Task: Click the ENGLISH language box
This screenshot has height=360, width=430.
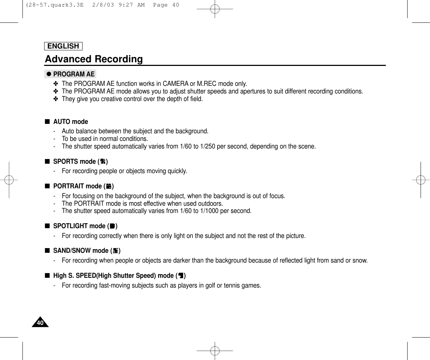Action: coord(63,46)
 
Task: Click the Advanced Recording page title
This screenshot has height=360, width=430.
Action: coord(94,59)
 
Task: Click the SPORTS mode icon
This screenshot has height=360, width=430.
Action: coord(103,162)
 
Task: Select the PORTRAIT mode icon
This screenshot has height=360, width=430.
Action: coord(109,187)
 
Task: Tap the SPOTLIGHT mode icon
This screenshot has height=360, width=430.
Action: coord(112,226)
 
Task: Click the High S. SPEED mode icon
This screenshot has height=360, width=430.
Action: coord(181,276)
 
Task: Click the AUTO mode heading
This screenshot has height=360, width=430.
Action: coord(71,122)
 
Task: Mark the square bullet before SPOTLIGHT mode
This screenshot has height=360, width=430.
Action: coord(47,226)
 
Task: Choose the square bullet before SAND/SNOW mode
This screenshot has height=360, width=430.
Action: coord(47,251)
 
